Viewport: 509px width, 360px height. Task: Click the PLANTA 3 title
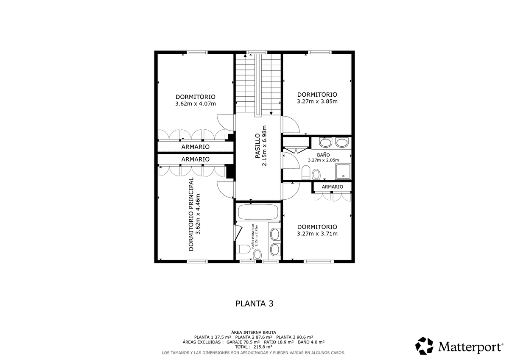click(x=254, y=304)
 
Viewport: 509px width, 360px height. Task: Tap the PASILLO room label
click(x=257, y=146)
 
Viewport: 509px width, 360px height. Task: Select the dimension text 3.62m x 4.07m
click(x=196, y=104)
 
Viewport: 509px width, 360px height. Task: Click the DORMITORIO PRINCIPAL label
click(x=191, y=214)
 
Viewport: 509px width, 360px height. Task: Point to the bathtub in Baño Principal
click(x=258, y=212)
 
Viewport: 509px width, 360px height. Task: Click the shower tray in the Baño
click(x=343, y=171)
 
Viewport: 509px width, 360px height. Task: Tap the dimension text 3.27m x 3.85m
click(x=317, y=101)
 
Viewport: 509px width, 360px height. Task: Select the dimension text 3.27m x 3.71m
click(x=317, y=234)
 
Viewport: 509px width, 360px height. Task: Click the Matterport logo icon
click(x=424, y=346)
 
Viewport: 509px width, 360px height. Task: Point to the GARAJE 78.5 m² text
click(x=243, y=342)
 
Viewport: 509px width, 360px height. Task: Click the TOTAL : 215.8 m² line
click(x=254, y=347)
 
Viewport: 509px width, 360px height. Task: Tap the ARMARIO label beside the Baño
click(x=333, y=187)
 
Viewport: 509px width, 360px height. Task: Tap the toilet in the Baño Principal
click(x=240, y=249)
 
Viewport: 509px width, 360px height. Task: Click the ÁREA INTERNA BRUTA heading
click(x=254, y=332)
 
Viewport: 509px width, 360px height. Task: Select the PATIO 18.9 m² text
click(x=279, y=342)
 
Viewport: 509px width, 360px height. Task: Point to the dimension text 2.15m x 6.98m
click(x=264, y=146)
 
